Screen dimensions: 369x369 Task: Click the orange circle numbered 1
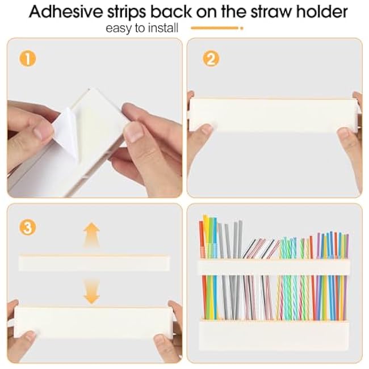click(x=28, y=58)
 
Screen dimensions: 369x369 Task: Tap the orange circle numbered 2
click(x=211, y=58)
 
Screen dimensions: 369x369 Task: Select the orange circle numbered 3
click(x=28, y=227)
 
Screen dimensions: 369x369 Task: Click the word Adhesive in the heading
click(x=66, y=11)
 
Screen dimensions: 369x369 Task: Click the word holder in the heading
click(x=322, y=11)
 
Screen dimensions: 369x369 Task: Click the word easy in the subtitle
click(x=119, y=28)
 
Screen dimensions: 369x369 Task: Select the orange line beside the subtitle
click(x=217, y=28)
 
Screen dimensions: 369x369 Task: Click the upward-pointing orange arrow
click(x=91, y=235)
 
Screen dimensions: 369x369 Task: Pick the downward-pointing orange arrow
click(x=91, y=291)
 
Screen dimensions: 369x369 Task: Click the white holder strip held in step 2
click(x=274, y=115)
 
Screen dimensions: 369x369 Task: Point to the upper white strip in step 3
click(x=94, y=263)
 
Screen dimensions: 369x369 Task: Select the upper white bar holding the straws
click(x=274, y=267)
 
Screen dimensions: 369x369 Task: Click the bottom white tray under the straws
click(x=274, y=335)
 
